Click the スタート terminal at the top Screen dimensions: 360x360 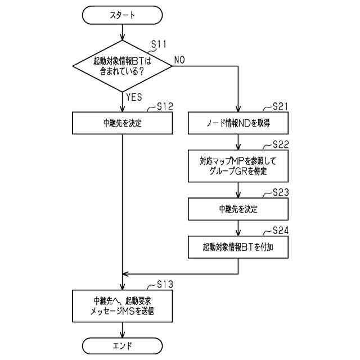coord(122,16)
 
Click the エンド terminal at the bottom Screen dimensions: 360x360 coord(122,343)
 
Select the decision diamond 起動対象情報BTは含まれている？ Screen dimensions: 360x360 coord(122,67)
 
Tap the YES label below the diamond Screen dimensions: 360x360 coord(134,97)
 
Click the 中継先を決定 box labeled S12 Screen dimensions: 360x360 coord(122,123)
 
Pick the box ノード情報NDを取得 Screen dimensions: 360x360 coord(239,123)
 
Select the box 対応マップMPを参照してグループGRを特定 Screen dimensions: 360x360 coord(239,166)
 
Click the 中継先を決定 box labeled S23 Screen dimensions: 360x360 coord(239,209)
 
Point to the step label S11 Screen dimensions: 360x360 coord(160,43)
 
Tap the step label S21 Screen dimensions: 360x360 coord(280,106)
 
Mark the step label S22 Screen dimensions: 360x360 coord(280,145)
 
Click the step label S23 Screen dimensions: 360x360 coord(280,192)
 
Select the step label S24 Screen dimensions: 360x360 coord(280,230)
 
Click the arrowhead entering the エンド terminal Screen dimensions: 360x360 coord(122,334)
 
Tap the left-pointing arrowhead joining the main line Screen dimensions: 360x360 coord(127,274)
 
